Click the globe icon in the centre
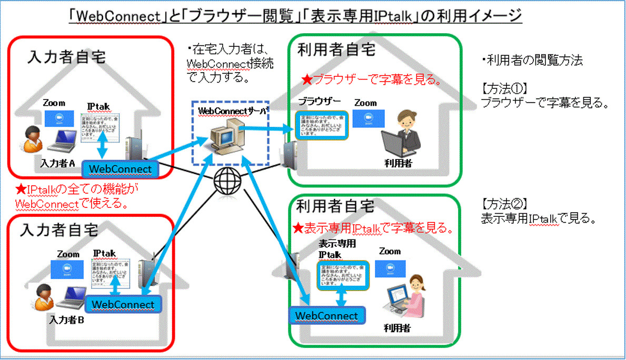227,182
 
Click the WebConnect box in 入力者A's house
123,168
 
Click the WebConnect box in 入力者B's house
123,304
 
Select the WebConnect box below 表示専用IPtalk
326,316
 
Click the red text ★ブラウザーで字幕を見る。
371,81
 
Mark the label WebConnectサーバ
232,111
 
